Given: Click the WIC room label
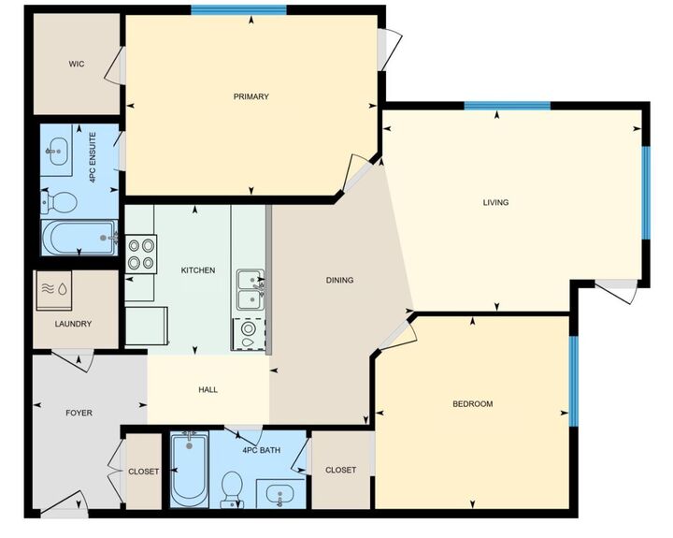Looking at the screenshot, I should pyautogui.click(x=77, y=65).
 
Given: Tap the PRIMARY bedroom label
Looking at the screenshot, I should pyautogui.click(x=251, y=96).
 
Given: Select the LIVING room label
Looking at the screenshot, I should pyautogui.click(x=495, y=202).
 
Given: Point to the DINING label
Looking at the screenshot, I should pyautogui.click(x=339, y=280).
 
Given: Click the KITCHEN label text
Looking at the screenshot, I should pyautogui.click(x=198, y=270).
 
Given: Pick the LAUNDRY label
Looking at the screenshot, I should pyautogui.click(x=73, y=324).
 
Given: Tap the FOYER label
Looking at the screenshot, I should pyautogui.click(x=79, y=413).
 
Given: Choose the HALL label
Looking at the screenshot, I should pyautogui.click(x=208, y=389).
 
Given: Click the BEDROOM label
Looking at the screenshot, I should pyautogui.click(x=472, y=404).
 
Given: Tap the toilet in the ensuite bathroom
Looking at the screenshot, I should pyautogui.click(x=62, y=201).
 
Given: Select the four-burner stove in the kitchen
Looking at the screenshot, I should pyautogui.click(x=141, y=254).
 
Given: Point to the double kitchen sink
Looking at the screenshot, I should pyautogui.click(x=250, y=290).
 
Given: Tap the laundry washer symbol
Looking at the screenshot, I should pyautogui.click(x=53, y=290).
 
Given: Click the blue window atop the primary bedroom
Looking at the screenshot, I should pyautogui.click(x=238, y=10).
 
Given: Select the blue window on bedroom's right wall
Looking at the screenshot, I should pyautogui.click(x=573, y=380).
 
